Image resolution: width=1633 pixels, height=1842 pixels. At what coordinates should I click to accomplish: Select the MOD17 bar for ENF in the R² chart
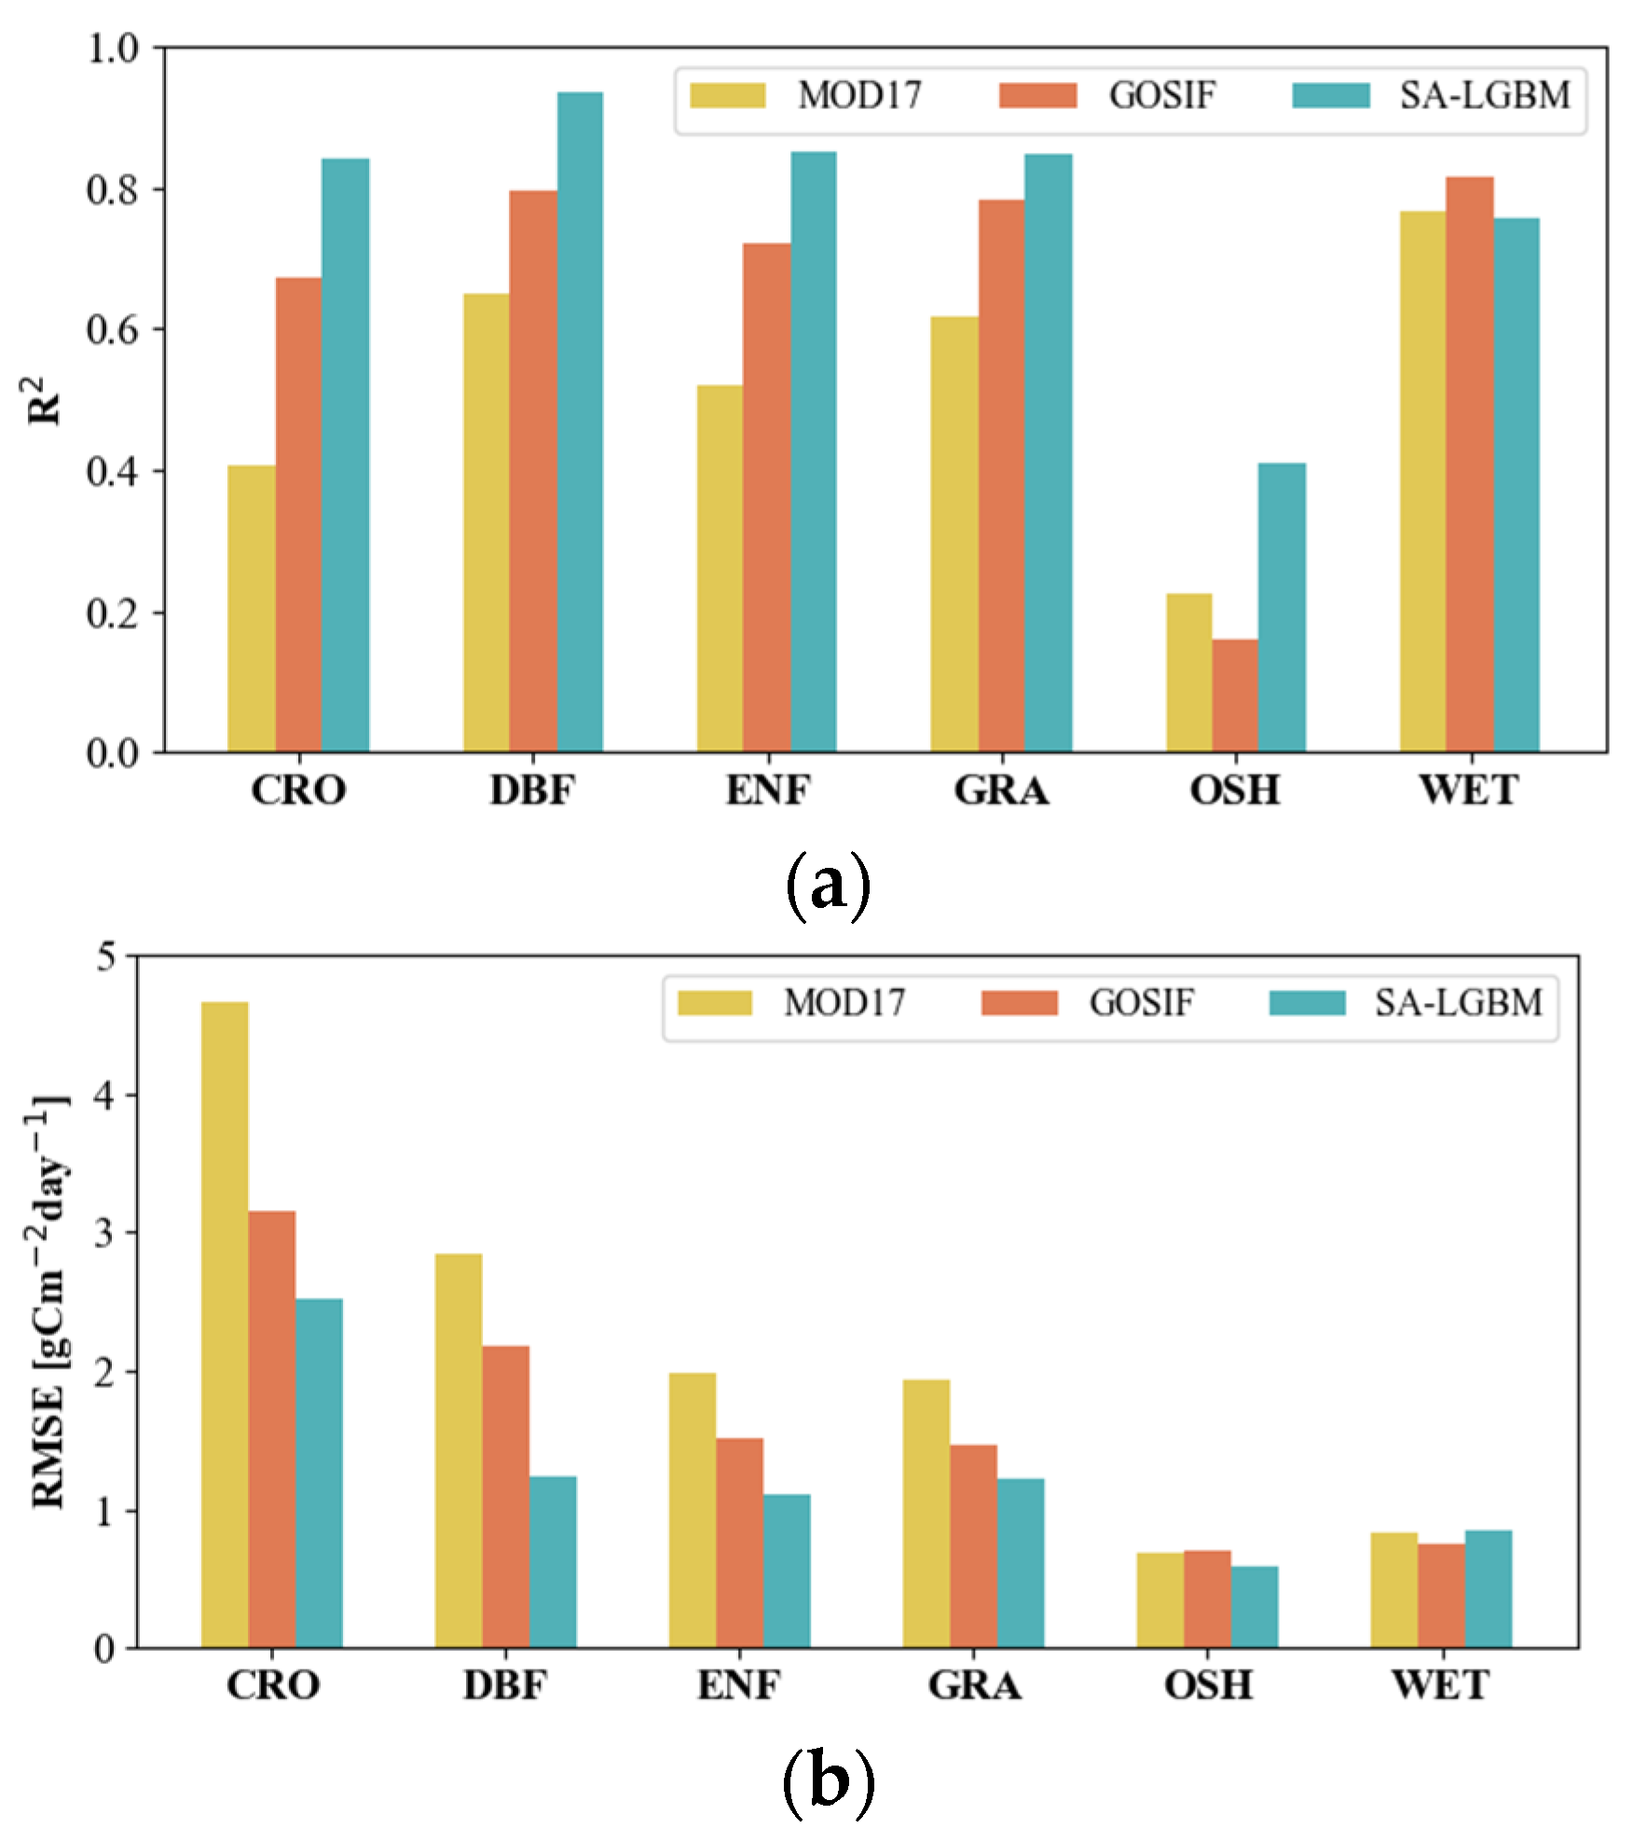pyautogui.click(x=720, y=569)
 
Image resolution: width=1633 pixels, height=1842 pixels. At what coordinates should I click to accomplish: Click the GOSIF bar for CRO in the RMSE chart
pyautogui.click(x=272, y=1430)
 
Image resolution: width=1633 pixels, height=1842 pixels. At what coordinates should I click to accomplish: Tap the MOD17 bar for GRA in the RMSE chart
pyautogui.click(x=926, y=1514)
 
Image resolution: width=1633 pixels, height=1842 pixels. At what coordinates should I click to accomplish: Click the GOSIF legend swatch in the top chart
pyautogui.click(x=1037, y=95)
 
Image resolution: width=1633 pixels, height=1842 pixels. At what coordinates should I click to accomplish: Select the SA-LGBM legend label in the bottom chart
pyautogui.click(x=1459, y=1004)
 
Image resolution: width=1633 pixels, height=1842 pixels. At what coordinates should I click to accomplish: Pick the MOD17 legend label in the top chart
pyautogui.click(x=859, y=95)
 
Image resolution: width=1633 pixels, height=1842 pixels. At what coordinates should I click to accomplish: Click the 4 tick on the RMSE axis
pyautogui.click(x=105, y=1095)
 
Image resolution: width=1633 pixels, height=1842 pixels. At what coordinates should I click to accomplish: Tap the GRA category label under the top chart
pyautogui.click(x=1002, y=791)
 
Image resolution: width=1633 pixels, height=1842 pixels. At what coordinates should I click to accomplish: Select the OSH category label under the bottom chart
pyautogui.click(x=1208, y=1685)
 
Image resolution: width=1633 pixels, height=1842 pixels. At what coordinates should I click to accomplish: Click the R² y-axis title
pyautogui.click(x=44, y=401)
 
